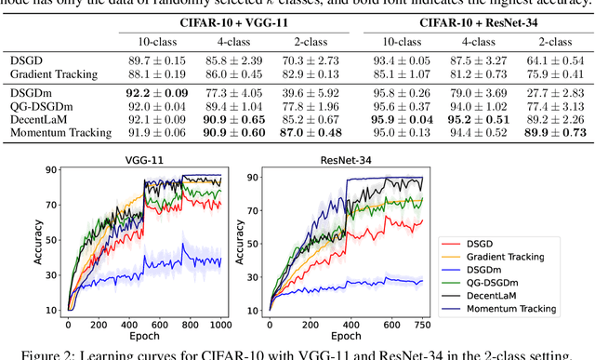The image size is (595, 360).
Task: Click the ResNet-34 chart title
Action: click(320, 160)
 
